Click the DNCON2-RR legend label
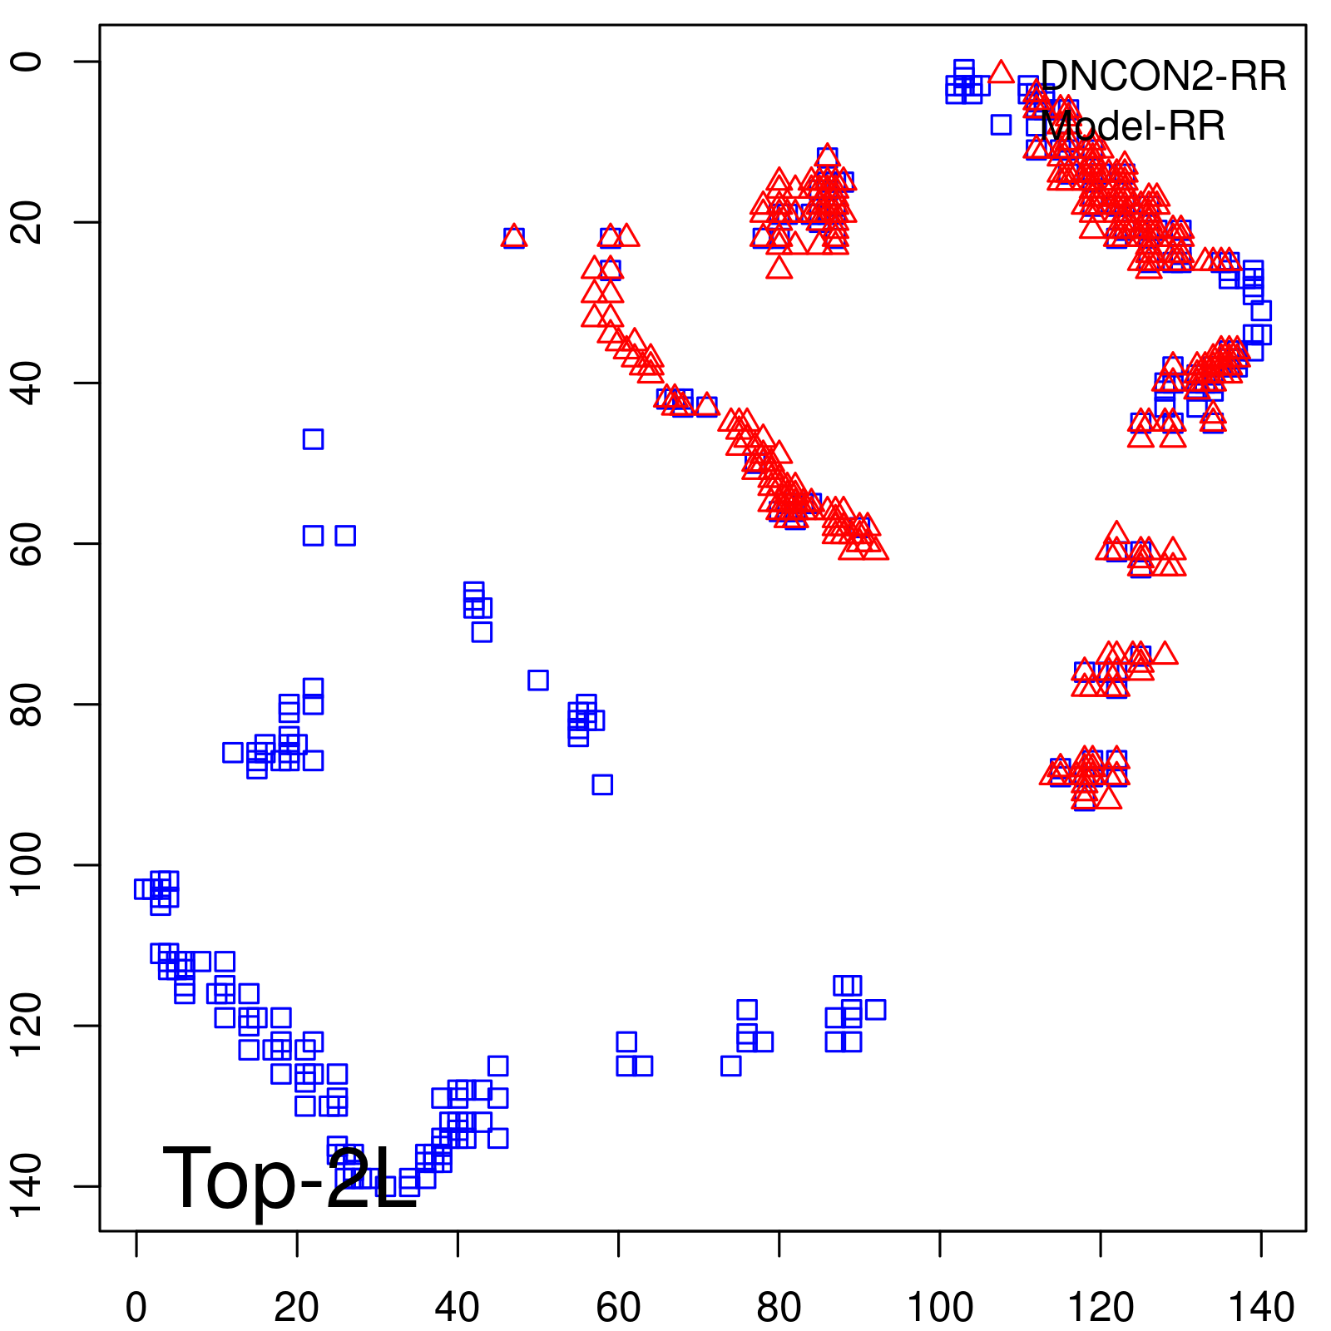click(x=1163, y=77)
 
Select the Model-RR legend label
click(x=1133, y=127)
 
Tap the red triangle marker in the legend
click(x=1001, y=72)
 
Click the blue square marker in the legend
click(x=1001, y=125)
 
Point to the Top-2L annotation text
click(x=289, y=1179)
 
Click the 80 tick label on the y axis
click(x=30, y=704)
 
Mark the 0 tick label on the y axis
click(x=30, y=62)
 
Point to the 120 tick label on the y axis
click(x=30, y=1025)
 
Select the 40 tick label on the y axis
click(x=30, y=383)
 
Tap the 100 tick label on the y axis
click(x=30, y=864)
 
